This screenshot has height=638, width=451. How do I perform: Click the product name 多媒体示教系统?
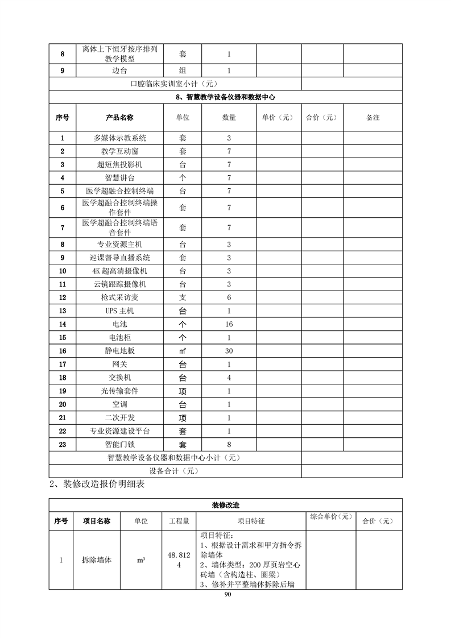[119, 138]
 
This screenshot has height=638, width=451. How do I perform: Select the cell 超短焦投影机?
[119, 164]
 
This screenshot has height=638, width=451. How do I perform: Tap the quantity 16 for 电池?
[229, 324]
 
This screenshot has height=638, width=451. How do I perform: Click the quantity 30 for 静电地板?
[229, 351]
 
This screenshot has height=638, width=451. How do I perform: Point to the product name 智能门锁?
[119, 444]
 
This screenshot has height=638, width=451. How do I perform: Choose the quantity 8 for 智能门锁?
[229, 444]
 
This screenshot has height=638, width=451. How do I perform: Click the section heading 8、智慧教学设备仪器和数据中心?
[226, 98]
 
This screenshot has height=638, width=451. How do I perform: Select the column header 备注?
[373, 118]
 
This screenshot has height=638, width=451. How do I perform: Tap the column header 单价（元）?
[278, 118]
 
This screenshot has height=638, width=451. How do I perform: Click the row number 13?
[63, 311]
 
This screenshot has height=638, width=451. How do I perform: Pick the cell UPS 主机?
[119, 311]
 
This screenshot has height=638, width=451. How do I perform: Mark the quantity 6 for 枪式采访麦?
[229, 297]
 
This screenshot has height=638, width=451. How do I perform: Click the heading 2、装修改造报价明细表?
[97, 484]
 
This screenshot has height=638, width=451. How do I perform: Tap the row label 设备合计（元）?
[175, 471]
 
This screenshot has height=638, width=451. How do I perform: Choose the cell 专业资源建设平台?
[119, 431]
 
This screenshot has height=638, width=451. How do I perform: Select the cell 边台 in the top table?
[119, 71]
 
